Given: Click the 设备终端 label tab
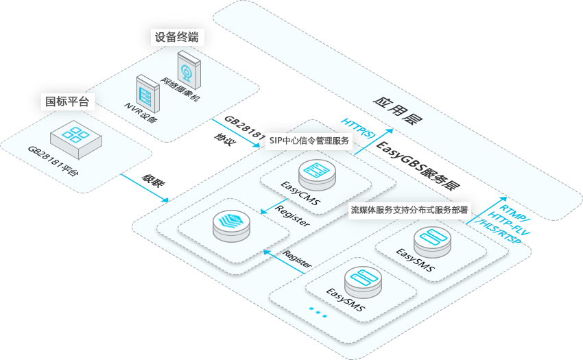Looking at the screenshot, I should pyautogui.click(x=177, y=37).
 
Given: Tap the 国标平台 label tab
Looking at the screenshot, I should pyautogui.click(x=67, y=101).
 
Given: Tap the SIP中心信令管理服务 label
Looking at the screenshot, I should pyautogui.click(x=309, y=141).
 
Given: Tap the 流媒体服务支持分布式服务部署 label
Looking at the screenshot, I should pyautogui.click(x=409, y=210).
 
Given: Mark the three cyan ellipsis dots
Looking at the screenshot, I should pyautogui.click(x=318, y=311).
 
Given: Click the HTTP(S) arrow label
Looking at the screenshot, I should pyautogui.click(x=358, y=128).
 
